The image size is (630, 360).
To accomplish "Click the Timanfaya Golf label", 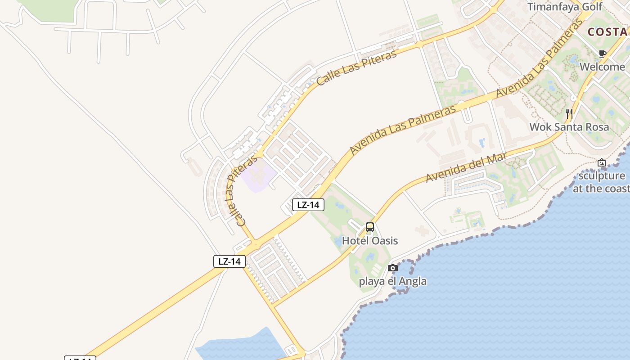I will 564,7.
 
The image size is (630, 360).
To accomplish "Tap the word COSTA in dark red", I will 607,32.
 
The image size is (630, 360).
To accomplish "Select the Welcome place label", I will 602,67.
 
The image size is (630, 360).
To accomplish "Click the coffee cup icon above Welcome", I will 603,54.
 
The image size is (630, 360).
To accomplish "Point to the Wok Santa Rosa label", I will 569,127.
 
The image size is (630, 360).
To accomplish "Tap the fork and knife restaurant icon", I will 569,113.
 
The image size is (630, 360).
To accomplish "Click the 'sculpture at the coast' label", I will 602,182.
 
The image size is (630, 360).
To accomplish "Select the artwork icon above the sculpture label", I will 602,162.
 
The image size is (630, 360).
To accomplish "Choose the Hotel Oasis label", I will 370,241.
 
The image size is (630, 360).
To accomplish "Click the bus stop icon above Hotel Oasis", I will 370,227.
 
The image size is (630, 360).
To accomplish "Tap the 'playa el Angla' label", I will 392,282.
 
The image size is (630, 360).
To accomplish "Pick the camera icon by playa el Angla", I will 392,268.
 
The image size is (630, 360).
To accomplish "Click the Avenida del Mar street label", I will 466,167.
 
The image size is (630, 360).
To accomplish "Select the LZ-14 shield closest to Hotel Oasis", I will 308,205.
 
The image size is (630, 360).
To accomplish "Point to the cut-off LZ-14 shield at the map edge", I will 80,358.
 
